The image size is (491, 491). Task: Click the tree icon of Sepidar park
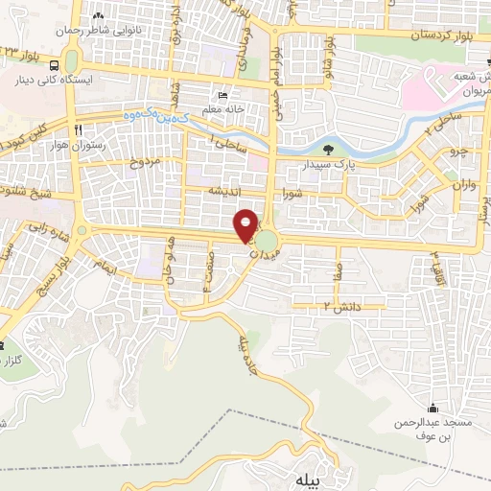(328, 150)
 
